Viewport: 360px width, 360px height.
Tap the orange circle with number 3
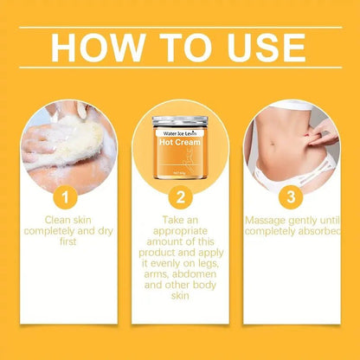coord(292,196)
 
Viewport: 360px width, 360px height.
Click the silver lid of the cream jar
coord(179,120)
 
